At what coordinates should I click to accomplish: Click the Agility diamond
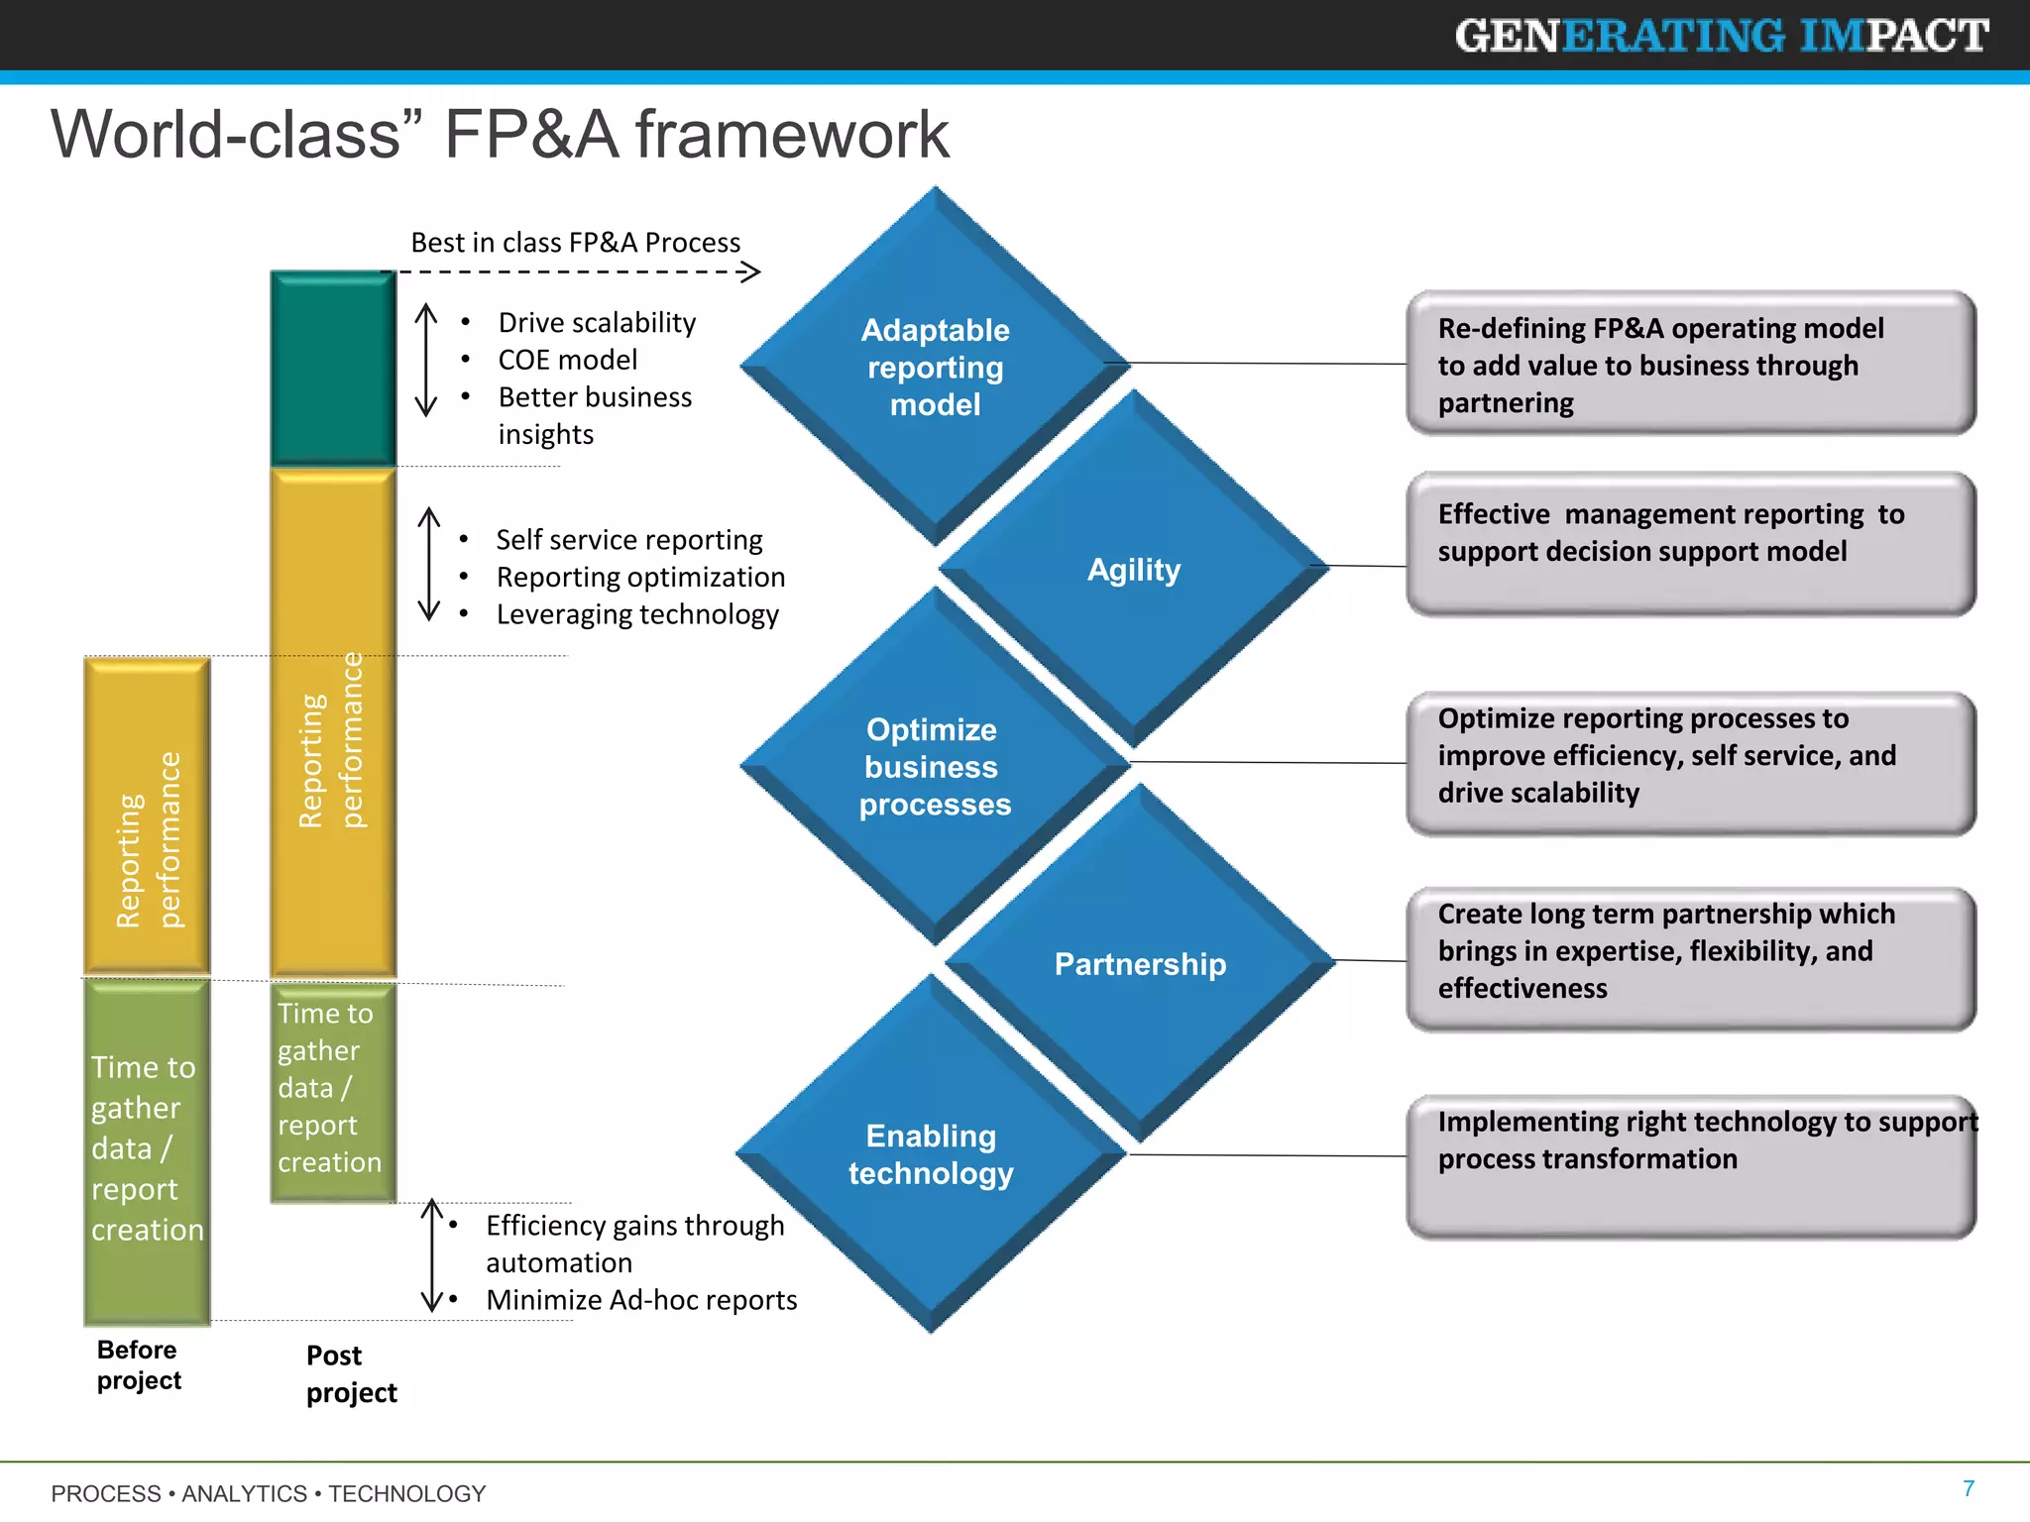click(x=1134, y=569)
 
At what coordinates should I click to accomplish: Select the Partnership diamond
click(x=1140, y=963)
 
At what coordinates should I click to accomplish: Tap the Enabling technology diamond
click(x=931, y=1153)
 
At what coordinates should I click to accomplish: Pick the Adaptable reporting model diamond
click(x=935, y=366)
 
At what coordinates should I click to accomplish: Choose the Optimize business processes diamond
click(x=934, y=766)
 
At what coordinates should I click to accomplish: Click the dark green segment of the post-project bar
click(x=333, y=369)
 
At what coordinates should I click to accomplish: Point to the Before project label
click(x=139, y=1364)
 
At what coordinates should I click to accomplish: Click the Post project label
click(x=350, y=1373)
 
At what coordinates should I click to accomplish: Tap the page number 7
click(x=1969, y=1488)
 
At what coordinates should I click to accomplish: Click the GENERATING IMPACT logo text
click(x=1722, y=36)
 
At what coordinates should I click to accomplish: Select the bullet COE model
click(x=567, y=360)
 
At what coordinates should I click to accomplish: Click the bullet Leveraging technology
click(x=637, y=614)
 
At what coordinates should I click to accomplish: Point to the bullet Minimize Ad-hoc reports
click(x=641, y=1300)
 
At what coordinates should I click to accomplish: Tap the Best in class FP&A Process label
click(x=575, y=243)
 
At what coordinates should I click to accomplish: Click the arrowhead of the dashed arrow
click(x=752, y=272)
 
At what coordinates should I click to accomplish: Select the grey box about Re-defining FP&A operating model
click(x=1690, y=364)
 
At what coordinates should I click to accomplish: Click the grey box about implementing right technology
click(x=1690, y=1166)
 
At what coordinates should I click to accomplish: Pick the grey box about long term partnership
click(x=1690, y=959)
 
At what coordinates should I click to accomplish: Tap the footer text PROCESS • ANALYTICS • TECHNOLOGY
click(x=269, y=1493)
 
